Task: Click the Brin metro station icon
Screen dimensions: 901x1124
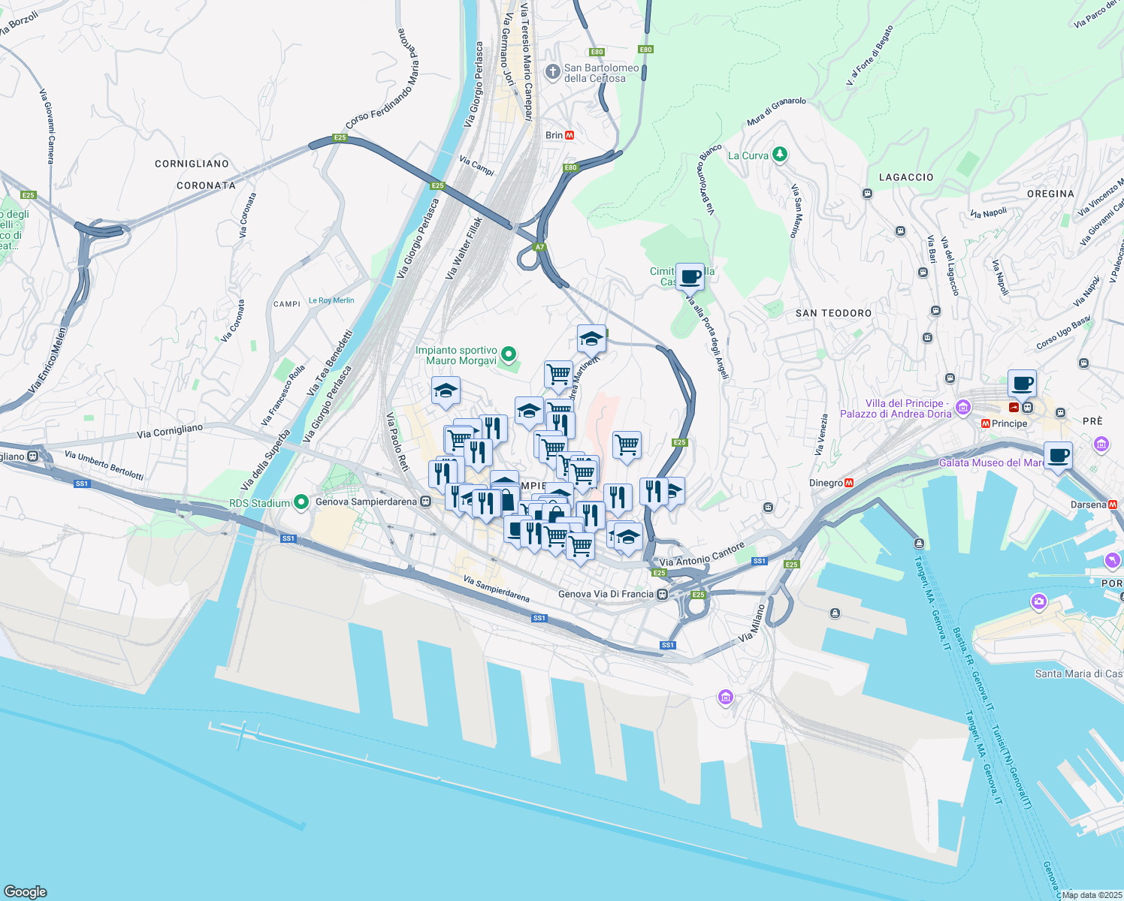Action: click(x=570, y=135)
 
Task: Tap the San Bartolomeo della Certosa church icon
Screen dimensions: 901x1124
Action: click(x=553, y=72)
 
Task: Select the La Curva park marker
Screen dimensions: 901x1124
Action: click(x=780, y=155)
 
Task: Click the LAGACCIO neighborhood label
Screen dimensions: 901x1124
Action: click(x=906, y=177)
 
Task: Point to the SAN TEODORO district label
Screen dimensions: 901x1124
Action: click(x=833, y=313)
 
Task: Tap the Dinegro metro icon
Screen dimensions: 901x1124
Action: click(x=849, y=483)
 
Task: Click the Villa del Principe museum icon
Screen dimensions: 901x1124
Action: click(x=963, y=408)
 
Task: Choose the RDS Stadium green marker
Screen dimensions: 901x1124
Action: click(x=301, y=502)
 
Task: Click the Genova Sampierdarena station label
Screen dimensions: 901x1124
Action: click(x=367, y=502)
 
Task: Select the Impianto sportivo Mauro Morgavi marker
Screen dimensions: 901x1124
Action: click(x=509, y=353)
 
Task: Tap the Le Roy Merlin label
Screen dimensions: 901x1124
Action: click(x=331, y=300)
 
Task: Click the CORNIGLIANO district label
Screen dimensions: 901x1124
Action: click(x=192, y=164)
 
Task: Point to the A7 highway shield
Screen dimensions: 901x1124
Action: click(x=539, y=247)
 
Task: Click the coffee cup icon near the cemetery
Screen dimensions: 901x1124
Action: click(x=690, y=276)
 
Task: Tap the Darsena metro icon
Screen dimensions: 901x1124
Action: click(x=1113, y=505)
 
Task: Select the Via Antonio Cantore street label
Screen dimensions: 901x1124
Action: click(x=702, y=555)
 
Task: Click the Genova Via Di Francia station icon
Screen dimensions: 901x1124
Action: click(x=662, y=595)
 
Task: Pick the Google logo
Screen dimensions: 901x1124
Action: click(x=25, y=892)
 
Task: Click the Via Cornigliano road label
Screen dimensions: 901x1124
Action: click(x=170, y=431)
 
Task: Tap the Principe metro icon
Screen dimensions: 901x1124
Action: click(x=985, y=423)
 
